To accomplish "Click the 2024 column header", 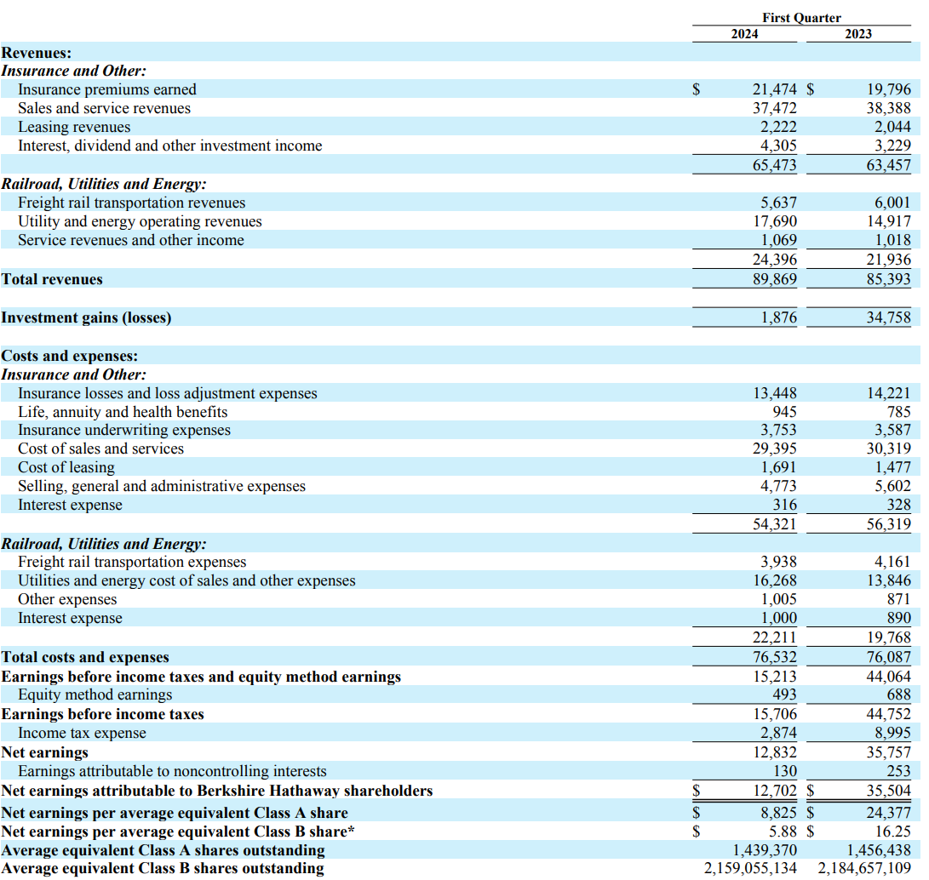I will coord(746,34).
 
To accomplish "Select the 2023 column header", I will coord(858,34).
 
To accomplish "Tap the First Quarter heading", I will coord(801,17).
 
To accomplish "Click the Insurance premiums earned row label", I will coord(107,89).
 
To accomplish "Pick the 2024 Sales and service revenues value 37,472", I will coord(775,108).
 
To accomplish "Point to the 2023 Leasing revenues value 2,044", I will coord(888,127).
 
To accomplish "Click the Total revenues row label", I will coord(52,279).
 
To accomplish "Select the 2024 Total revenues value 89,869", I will coord(775,279).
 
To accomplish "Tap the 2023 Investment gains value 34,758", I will coord(888,317).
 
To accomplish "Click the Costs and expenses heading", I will coord(70,356).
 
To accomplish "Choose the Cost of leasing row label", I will coord(66,467).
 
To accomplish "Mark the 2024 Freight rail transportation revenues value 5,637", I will coord(778,203).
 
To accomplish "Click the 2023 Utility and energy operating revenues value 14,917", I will coord(888,221).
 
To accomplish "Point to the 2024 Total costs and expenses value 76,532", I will coord(775,657).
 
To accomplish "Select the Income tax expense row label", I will coord(83,733).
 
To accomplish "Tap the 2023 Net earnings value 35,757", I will coord(888,752).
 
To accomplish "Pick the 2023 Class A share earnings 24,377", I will coord(888,813).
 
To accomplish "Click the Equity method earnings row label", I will coord(95,694).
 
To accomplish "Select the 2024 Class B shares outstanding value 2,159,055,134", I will coord(750,869).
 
